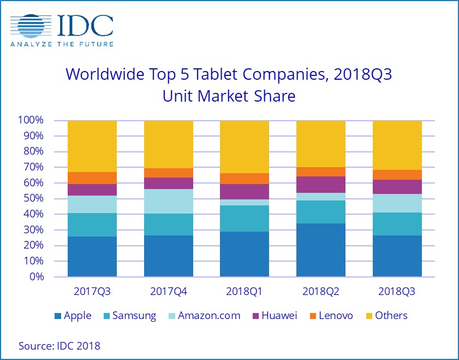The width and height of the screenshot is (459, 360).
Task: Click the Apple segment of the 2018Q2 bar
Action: click(x=321, y=250)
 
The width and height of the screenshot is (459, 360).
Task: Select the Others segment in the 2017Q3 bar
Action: click(x=92, y=146)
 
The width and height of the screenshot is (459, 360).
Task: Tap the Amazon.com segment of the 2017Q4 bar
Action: click(x=168, y=201)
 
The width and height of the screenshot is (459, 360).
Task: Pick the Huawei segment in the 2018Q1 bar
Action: click(x=245, y=192)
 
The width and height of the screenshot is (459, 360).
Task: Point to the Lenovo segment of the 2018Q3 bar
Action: click(x=397, y=175)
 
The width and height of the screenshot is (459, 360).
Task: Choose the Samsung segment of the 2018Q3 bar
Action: click(x=397, y=224)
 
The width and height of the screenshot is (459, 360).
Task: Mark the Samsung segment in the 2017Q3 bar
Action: click(x=92, y=225)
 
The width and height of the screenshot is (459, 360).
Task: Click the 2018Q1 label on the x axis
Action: click(x=245, y=291)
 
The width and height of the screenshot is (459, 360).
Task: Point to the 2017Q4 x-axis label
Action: click(x=168, y=291)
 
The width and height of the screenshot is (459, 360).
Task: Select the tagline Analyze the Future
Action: click(x=62, y=44)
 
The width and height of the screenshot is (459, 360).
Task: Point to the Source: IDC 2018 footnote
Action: click(x=59, y=345)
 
